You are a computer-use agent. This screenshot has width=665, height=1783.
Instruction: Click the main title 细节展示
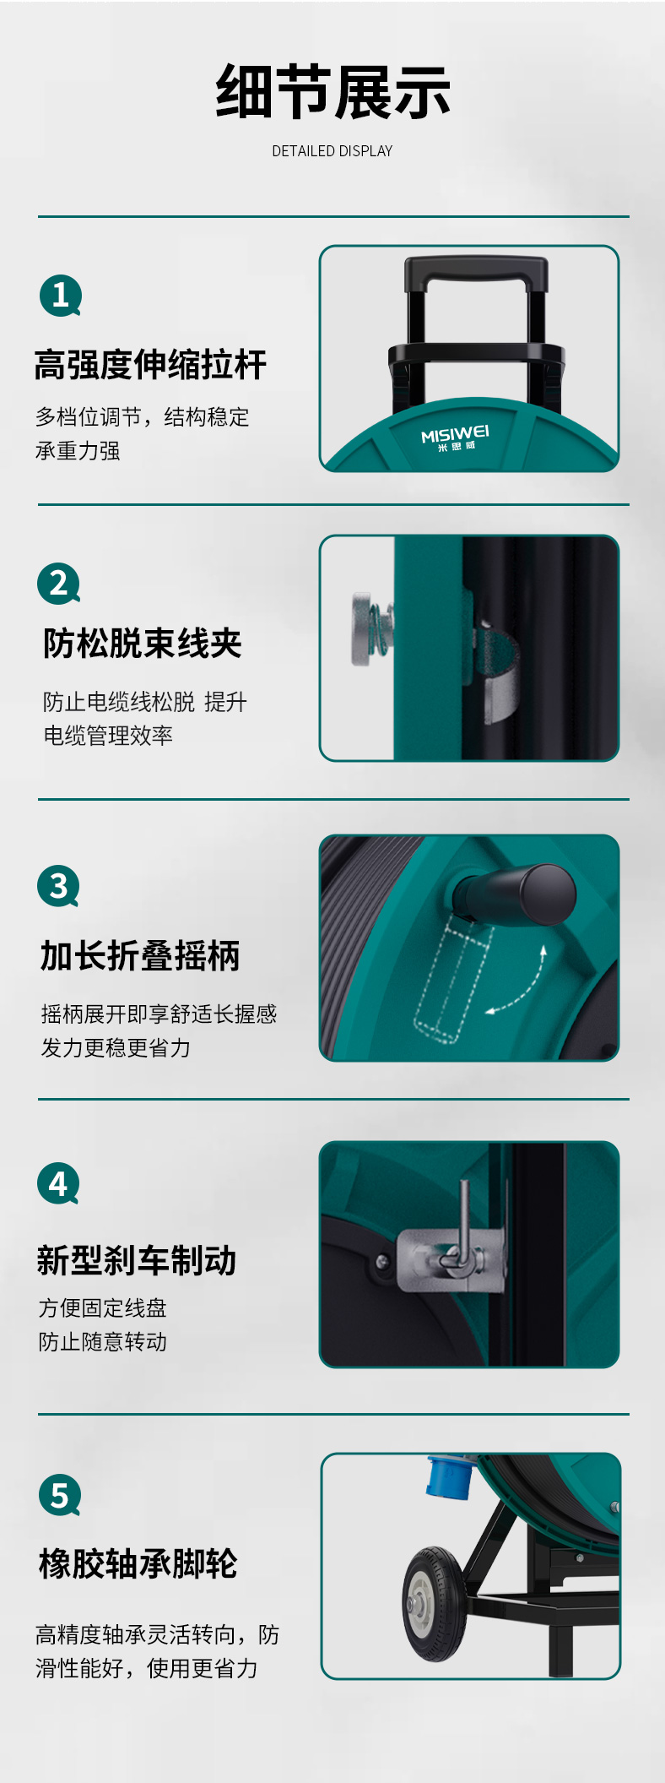click(332, 92)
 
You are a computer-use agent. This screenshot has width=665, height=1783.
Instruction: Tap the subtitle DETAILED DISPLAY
click(332, 151)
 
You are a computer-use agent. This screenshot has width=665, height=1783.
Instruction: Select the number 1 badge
click(61, 296)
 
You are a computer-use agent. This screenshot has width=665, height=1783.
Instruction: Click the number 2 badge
click(59, 584)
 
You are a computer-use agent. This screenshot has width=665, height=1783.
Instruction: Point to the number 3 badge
click(59, 886)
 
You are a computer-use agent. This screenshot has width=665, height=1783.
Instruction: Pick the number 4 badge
click(58, 1184)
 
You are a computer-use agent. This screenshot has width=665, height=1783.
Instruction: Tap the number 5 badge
click(60, 1495)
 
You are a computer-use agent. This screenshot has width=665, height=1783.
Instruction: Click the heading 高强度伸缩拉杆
click(150, 365)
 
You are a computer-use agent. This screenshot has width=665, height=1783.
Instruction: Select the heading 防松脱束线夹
click(143, 644)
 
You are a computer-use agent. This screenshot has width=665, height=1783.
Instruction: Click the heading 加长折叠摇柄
click(140, 956)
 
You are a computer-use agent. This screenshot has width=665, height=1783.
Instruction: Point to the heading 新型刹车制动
click(137, 1260)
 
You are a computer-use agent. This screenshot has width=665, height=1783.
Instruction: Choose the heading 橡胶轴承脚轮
click(138, 1563)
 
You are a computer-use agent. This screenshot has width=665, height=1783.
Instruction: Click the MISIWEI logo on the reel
click(456, 438)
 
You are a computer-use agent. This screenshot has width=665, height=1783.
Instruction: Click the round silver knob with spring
click(370, 629)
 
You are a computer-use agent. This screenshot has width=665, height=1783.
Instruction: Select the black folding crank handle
click(516, 894)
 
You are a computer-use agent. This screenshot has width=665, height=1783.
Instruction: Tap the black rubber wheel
click(435, 1604)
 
